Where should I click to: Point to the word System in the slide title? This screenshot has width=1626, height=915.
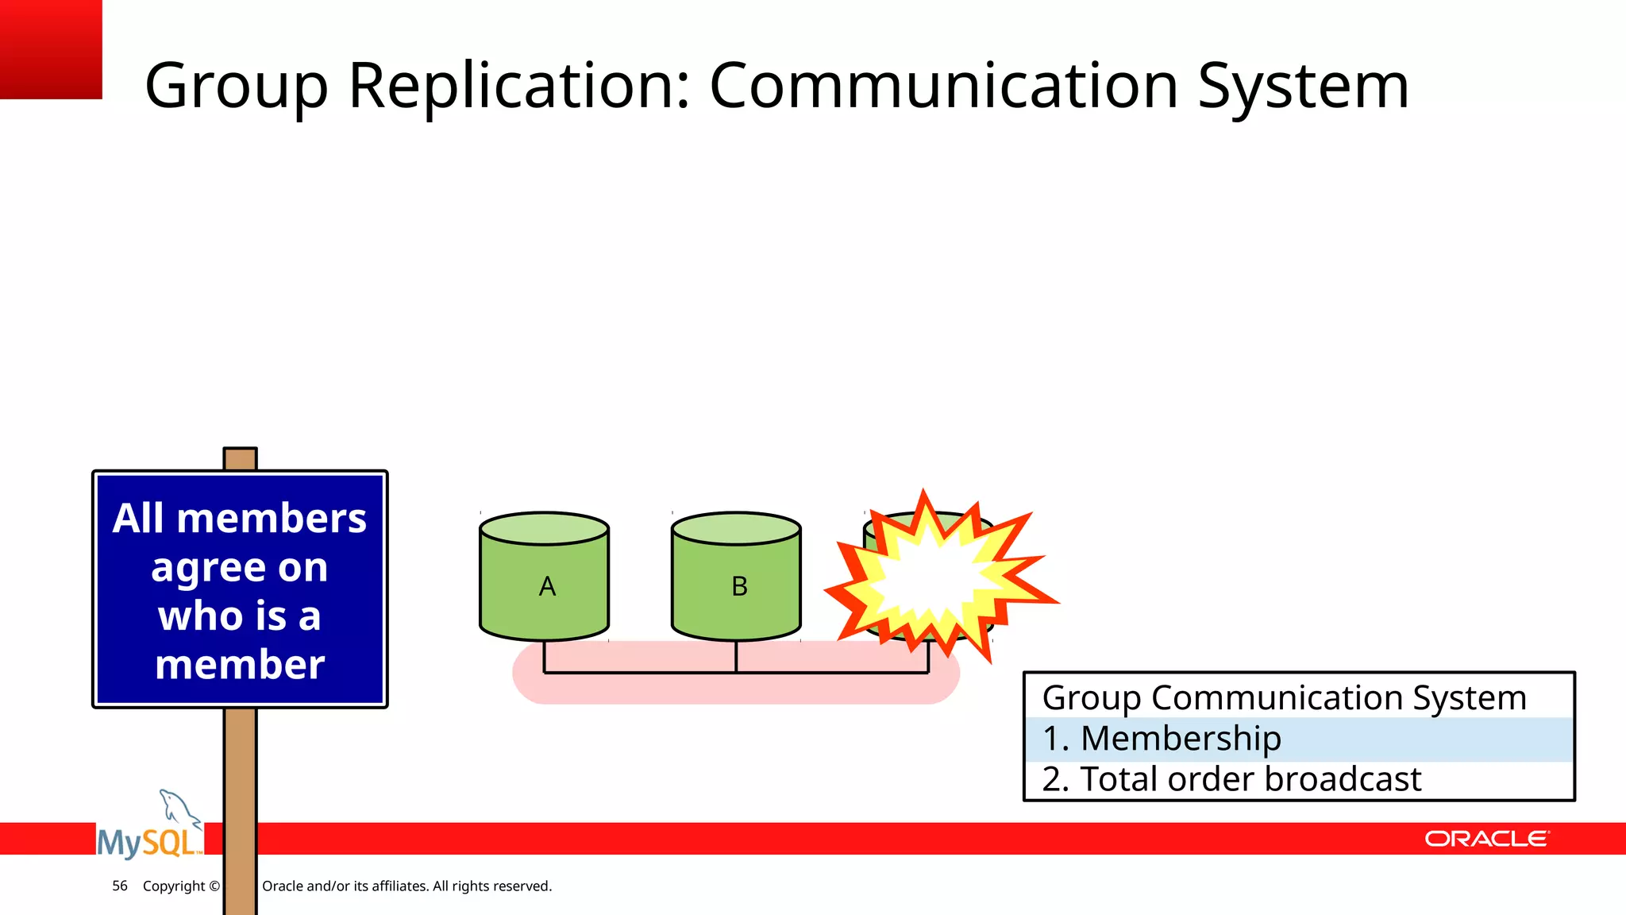coord(1303,86)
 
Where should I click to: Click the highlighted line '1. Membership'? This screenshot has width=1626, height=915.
coord(1162,739)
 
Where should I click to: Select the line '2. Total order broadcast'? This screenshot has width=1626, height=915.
coord(1231,779)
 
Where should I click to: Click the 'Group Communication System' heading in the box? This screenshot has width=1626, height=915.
coord(1284,698)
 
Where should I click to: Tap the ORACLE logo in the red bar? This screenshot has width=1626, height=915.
coord(1486,839)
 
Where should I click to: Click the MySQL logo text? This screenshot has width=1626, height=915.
coord(148,843)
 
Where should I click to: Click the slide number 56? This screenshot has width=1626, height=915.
coord(120,886)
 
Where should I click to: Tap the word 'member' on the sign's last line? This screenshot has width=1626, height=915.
coord(240,665)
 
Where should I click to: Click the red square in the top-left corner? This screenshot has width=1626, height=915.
coord(50,48)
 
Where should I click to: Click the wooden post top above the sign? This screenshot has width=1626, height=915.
coord(240,459)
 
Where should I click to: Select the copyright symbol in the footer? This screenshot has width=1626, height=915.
coord(214,886)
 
